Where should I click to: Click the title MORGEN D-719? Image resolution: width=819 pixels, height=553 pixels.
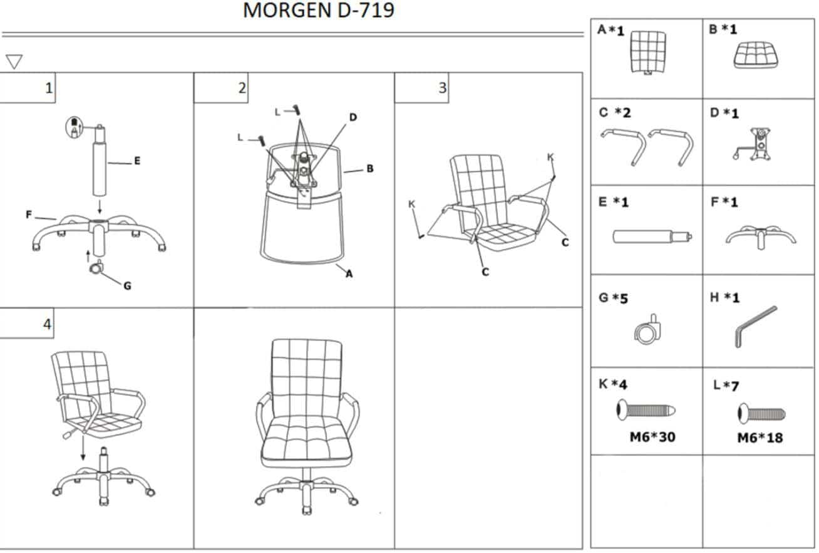point(319,10)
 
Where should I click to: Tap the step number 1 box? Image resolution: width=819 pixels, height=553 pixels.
point(28,88)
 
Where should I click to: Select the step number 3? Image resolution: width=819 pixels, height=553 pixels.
point(443,88)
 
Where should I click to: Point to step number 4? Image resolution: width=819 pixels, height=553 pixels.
point(47,324)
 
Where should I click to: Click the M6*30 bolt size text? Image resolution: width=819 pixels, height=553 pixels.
point(652,437)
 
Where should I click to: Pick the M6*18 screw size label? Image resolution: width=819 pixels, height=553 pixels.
point(760,438)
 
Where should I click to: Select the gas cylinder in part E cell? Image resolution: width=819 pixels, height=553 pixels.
point(652,236)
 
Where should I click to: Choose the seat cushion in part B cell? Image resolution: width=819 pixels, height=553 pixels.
point(756,55)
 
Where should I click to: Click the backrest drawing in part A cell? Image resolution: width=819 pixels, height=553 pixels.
point(648,53)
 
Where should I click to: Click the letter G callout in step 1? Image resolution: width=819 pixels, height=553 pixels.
point(127,286)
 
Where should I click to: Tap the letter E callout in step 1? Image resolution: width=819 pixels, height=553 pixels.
point(137,161)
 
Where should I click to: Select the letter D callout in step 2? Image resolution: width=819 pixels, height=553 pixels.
point(353,117)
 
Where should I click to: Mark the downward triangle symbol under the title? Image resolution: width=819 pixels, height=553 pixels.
point(14,61)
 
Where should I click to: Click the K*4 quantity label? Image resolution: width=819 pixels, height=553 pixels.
point(613,384)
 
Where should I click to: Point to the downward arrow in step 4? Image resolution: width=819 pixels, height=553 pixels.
point(83,447)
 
